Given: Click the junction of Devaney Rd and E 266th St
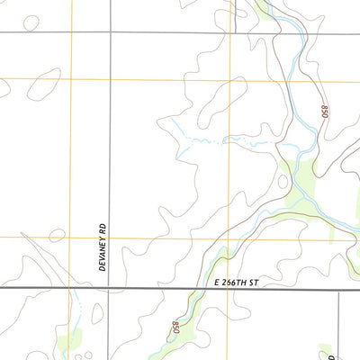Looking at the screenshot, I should (110, 290).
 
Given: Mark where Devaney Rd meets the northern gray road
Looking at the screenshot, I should (110, 33).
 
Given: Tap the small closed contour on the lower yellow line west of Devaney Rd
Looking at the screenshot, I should (57, 236).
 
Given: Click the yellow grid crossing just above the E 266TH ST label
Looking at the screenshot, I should (229, 238).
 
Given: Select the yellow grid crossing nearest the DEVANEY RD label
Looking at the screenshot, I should (71, 238).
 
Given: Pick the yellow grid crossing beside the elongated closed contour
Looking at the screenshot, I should (71, 79).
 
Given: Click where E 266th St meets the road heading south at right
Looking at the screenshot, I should (338, 290).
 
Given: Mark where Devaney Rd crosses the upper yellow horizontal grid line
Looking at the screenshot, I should (110, 79).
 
